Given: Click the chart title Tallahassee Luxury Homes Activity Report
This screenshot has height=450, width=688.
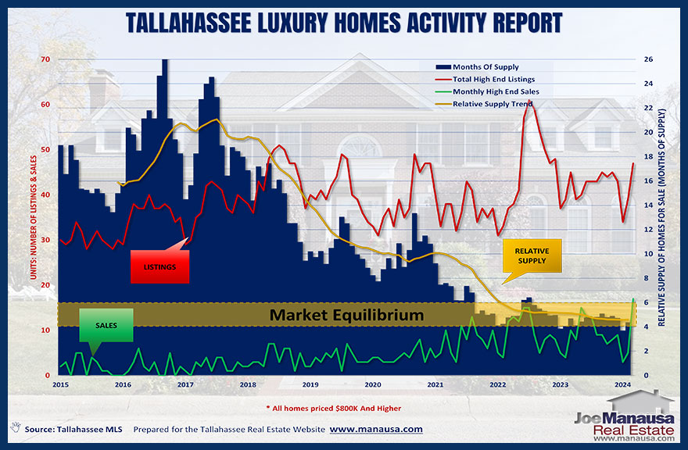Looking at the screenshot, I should [x=344, y=21].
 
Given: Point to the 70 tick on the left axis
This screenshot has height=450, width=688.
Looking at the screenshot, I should [x=45, y=59].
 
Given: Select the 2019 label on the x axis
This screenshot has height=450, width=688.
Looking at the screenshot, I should [x=310, y=385].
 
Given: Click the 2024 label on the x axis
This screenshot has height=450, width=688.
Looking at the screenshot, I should [x=623, y=385].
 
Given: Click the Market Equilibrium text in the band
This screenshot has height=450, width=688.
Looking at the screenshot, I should [x=346, y=316].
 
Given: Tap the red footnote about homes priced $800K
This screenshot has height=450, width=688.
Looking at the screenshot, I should [x=345, y=409].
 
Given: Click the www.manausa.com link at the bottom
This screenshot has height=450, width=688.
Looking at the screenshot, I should [x=375, y=430].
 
